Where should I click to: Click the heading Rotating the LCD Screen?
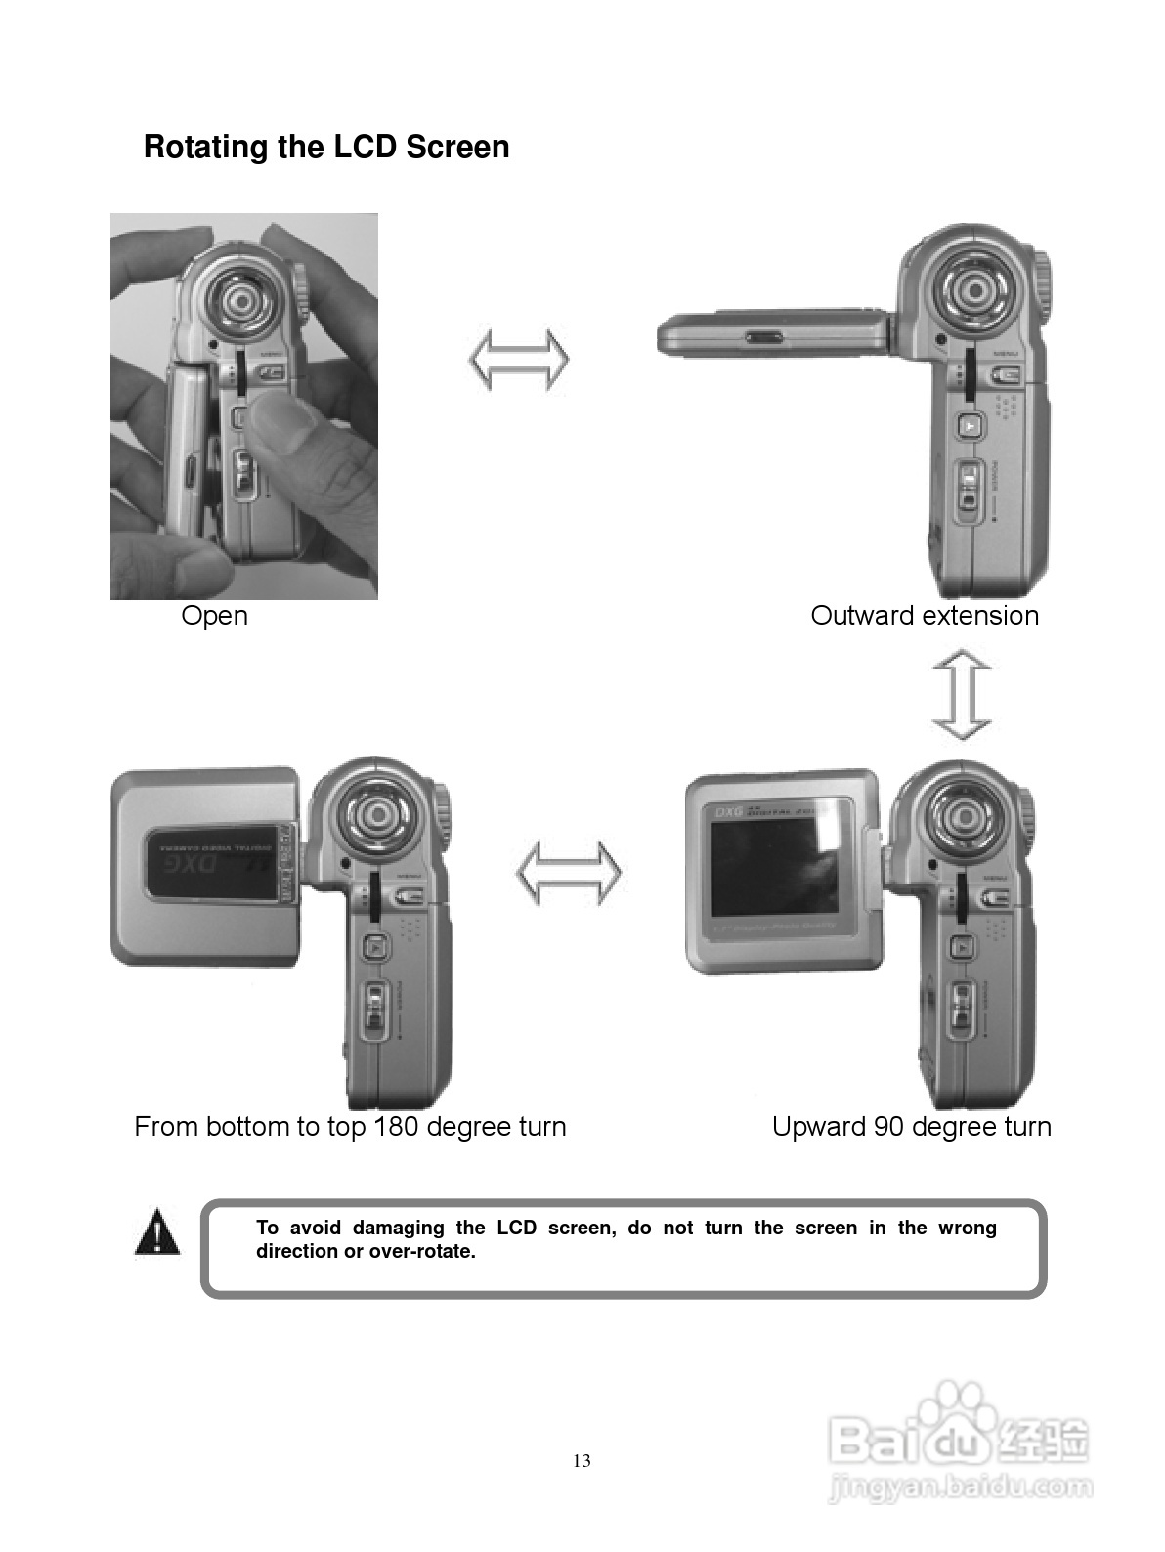pyautogui.click(x=326, y=147)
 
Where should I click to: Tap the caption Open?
pyautogui.click(x=214, y=616)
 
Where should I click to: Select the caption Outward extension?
pyautogui.click(x=925, y=616)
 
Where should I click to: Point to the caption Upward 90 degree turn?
pyautogui.click(x=911, y=1126)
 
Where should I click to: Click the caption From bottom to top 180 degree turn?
pyautogui.click(x=350, y=1126)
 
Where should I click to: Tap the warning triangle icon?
pyautogui.click(x=156, y=1232)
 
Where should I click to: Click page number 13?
pyautogui.click(x=582, y=1461)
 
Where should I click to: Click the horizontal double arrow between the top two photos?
pyautogui.click(x=519, y=360)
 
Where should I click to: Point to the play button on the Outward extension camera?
pyautogui.click(x=969, y=425)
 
